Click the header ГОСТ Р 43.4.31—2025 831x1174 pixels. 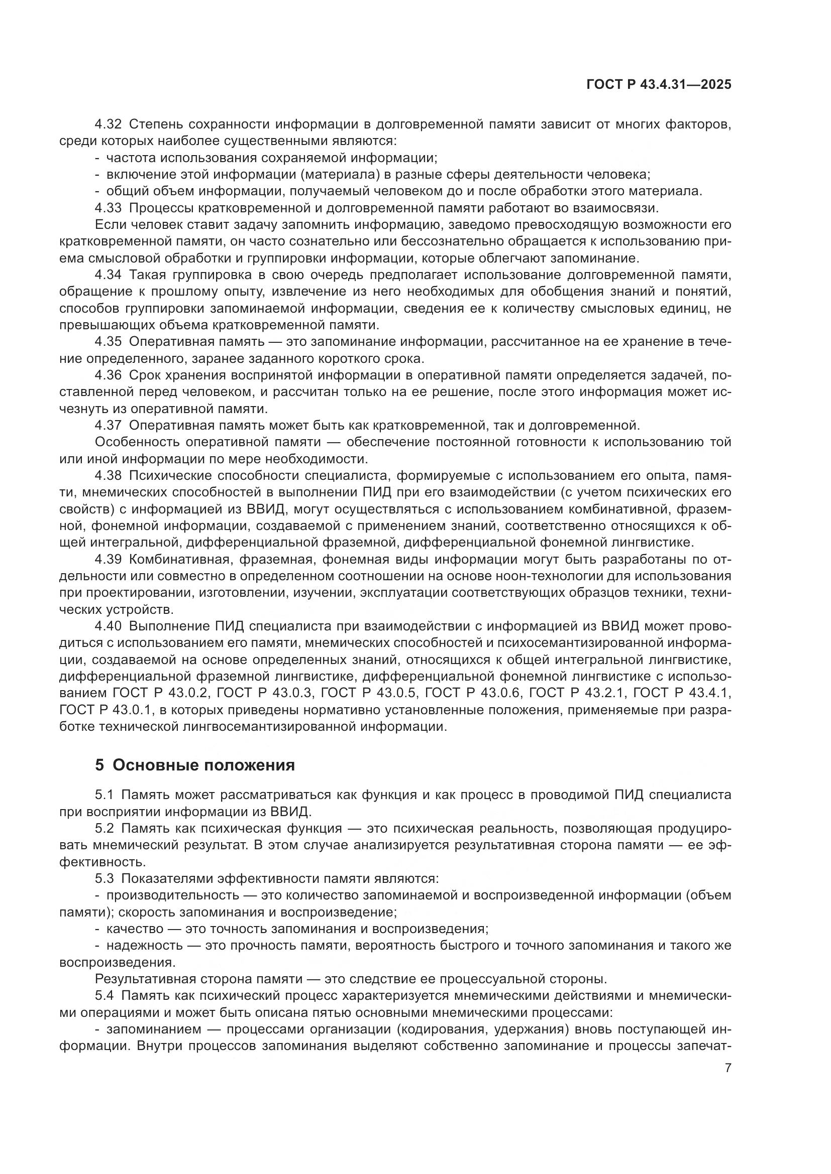coord(659,85)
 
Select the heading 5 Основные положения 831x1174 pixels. coord(195,765)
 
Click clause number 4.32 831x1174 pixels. coord(108,124)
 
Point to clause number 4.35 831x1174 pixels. coord(108,342)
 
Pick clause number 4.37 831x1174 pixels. coord(108,425)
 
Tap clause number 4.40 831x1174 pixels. coord(108,626)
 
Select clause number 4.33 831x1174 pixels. coord(108,208)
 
